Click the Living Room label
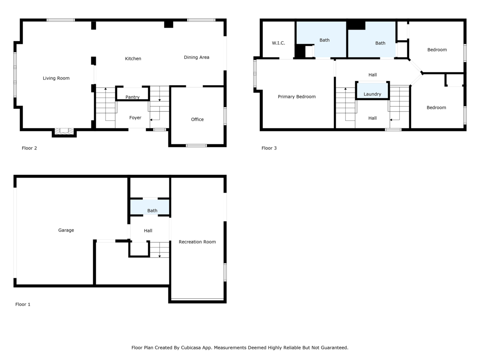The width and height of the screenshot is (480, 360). [x=56, y=78]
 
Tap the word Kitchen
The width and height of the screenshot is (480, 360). [x=133, y=58]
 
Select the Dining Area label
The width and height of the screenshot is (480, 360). [x=196, y=57]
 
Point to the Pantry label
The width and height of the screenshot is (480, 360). [x=132, y=97]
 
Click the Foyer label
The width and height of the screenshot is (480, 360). [x=135, y=118]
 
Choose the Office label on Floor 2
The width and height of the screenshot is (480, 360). [x=197, y=119]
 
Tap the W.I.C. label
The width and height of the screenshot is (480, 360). [x=278, y=43]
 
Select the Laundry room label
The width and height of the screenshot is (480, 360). [x=372, y=94]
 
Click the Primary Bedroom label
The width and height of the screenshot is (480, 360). [x=296, y=97]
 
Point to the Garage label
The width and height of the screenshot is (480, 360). [x=66, y=230]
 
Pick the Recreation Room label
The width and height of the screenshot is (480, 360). [x=197, y=242]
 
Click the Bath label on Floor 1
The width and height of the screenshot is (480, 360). [x=152, y=210]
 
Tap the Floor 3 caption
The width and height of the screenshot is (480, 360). [x=269, y=148]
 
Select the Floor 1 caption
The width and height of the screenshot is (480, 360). [x=23, y=304]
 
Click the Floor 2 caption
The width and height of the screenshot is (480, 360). [x=29, y=148]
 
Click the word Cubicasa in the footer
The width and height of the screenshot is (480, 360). [x=190, y=348]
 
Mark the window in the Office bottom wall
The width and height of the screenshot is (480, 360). [x=196, y=146]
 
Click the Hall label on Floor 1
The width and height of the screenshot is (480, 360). [x=148, y=231]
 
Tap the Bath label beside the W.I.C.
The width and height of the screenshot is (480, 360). [x=324, y=40]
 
